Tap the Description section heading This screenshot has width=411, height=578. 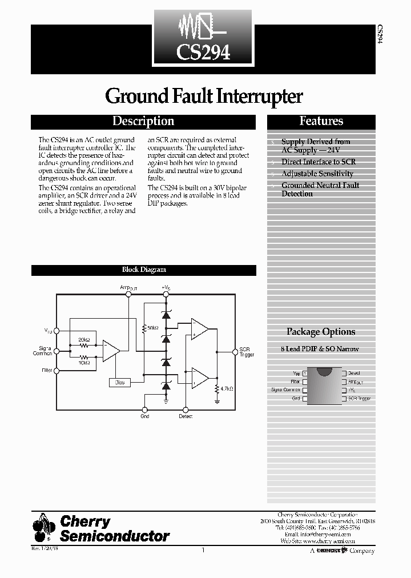click(143, 121)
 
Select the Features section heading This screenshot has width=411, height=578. click(321, 121)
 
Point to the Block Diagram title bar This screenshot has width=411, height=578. click(143, 270)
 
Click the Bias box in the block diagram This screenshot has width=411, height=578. click(120, 382)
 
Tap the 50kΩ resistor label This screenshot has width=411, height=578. click(152, 328)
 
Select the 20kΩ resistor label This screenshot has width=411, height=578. click(84, 339)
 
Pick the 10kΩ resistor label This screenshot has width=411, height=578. click(84, 362)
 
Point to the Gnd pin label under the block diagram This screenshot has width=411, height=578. click(145, 416)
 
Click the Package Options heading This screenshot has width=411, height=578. click(321, 332)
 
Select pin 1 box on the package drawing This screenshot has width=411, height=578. click(305, 372)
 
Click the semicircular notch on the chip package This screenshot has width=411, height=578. click(324, 371)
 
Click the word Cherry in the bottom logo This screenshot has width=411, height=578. click(85, 521)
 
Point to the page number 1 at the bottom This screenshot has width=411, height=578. click(203, 551)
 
